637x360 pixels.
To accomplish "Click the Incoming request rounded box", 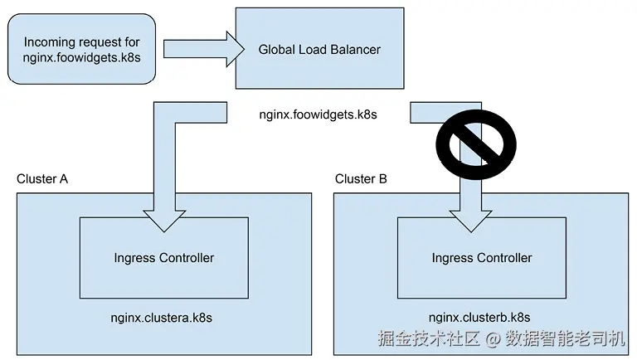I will tap(81, 48).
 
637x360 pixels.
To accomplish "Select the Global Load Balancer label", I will tap(319, 50).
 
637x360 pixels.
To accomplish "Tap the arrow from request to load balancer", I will tap(200, 49).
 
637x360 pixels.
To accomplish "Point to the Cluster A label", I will tap(42, 179).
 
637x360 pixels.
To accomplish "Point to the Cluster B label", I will tap(361, 179).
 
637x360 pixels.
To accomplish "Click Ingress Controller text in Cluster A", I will tap(163, 258).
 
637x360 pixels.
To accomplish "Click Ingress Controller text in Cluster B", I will tap(481, 258).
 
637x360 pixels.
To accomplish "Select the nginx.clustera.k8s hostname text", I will tap(163, 318).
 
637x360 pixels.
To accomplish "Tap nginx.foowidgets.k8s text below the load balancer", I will tap(318, 114).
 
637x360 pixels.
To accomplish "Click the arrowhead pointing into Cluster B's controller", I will tap(471, 219).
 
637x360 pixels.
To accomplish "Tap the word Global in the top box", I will tap(277, 50).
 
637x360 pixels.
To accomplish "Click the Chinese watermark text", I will tap(501, 338).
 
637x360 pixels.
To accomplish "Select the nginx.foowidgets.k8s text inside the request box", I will tap(81, 58).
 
